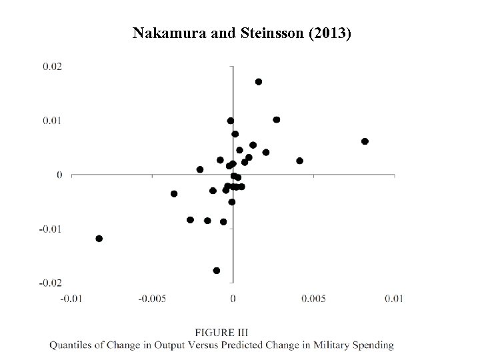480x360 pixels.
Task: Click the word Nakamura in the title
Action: (x=162, y=33)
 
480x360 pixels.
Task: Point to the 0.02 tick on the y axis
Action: (x=53, y=66)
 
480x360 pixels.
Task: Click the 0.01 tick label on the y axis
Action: (x=53, y=121)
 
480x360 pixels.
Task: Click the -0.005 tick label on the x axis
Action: (x=151, y=297)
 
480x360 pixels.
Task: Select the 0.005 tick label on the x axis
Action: (x=313, y=297)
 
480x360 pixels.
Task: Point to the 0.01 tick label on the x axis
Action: (x=394, y=297)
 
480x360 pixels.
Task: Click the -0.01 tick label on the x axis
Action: (x=71, y=297)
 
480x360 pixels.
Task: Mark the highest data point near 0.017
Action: (x=259, y=81)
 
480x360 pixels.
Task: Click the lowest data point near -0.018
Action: (x=217, y=271)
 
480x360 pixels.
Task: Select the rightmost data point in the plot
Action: (x=365, y=141)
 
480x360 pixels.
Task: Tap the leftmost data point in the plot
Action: (x=99, y=239)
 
